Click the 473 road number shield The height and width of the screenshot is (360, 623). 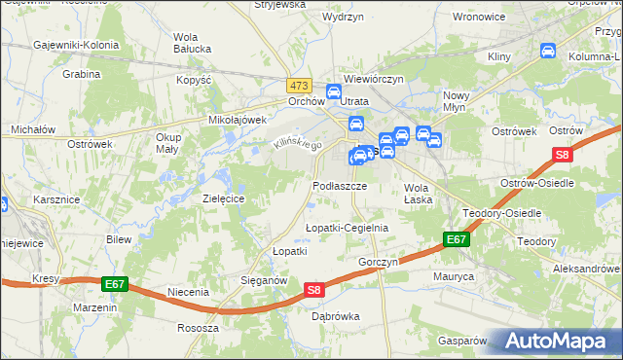(x=299, y=86)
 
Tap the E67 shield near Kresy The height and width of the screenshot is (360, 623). (x=114, y=284)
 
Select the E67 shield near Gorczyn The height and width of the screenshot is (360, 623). (x=456, y=239)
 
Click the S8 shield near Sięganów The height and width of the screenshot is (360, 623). (x=313, y=290)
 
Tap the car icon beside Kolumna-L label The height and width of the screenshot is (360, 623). (x=548, y=50)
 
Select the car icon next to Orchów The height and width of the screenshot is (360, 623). (x=334, y=93)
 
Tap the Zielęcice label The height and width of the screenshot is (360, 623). (x=223, y=198)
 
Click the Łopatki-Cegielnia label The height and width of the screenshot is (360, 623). (x=347, y=228)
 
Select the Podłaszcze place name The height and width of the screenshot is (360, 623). (x=340, y=185)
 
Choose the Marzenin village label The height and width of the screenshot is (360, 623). (x=95, y=306)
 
